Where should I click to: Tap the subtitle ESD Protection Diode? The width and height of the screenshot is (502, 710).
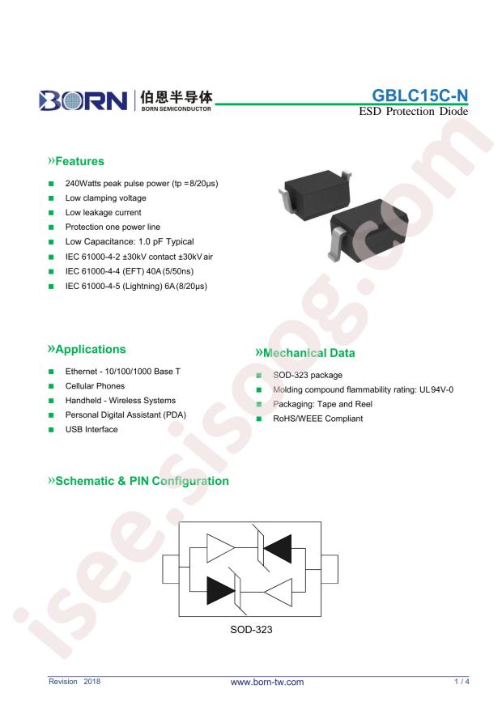point(414,112)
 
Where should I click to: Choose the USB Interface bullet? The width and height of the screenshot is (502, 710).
point(91,429)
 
